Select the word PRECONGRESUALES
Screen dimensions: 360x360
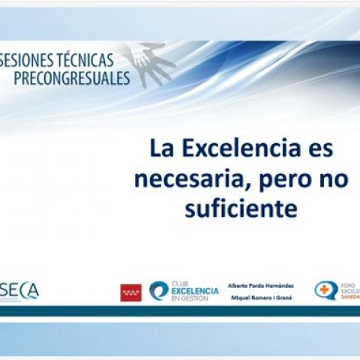click(x=71, y=78)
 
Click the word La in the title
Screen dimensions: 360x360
click(x=160, y=148)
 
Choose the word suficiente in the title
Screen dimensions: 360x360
click(x=241, y=209)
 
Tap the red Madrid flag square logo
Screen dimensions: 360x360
click(x=130, y=292)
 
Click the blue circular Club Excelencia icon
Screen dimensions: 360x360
click(x=158, y=291)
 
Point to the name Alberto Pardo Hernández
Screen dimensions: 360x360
click(x=260, y=286)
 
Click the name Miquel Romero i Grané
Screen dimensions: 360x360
click(x=260, y=298)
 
